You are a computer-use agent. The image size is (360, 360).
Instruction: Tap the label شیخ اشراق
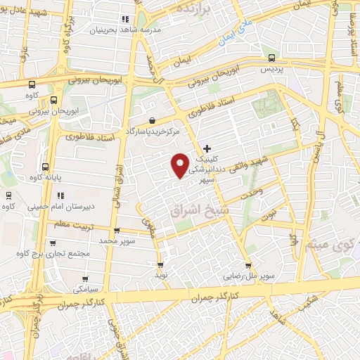(x=195, y=209)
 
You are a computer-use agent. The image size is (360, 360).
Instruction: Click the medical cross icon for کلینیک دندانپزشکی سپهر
(x=207, y=148)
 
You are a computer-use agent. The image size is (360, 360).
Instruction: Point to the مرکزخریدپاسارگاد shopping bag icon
(x=153, y=120)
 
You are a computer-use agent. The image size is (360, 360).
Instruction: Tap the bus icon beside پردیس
(x=271, y=60)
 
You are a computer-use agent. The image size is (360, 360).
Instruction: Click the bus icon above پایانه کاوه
(x=46, y=167)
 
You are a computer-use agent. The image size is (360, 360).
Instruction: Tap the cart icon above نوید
(x=161, y=265)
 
